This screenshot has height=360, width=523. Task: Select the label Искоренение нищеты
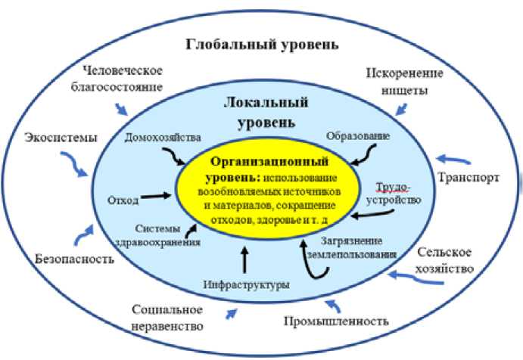[x=398, y=82]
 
